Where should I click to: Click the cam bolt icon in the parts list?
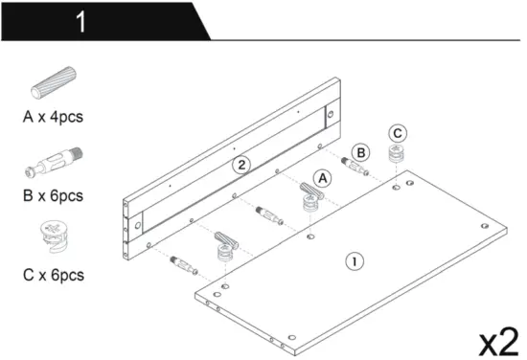54,165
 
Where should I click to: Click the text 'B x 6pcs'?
54,196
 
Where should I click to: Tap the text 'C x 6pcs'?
54,276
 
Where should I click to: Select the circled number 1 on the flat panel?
355,259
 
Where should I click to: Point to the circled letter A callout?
322,177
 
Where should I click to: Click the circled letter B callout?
360,151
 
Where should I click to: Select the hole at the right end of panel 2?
332,115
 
